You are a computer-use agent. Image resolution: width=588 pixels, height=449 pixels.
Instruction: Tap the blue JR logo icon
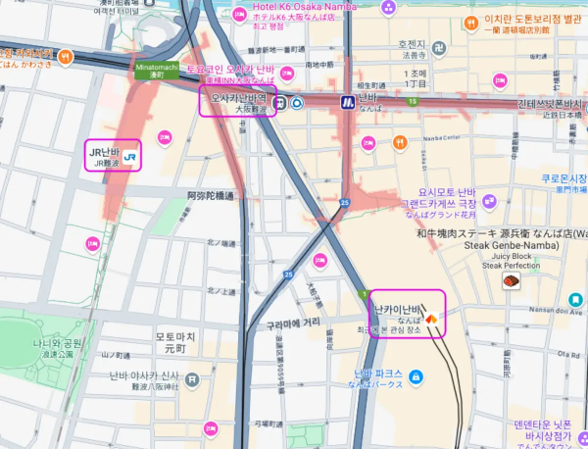[x=130, y=155]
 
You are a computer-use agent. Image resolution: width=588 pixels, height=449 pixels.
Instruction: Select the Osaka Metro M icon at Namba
[x=347, y=101]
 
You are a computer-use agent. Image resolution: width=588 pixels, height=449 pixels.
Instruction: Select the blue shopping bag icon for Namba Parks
[x=415, y=376]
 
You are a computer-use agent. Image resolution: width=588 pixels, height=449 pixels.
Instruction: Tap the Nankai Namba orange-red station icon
[x=430, y=318]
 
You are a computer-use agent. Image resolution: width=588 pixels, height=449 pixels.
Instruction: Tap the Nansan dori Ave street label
[x=556, y=310]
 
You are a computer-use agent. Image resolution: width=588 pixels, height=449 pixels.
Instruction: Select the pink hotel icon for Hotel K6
[x=239, y=17]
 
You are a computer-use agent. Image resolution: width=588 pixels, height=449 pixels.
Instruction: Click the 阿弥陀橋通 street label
[x=211, y=196]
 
